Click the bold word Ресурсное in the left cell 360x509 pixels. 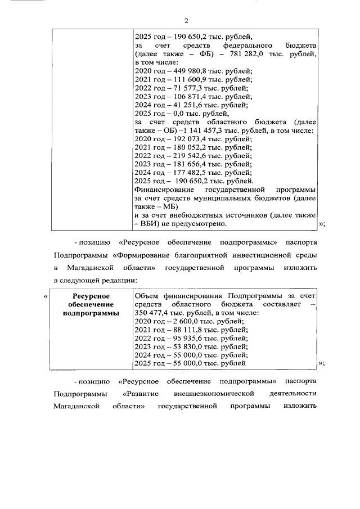click(x=91, y=296)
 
